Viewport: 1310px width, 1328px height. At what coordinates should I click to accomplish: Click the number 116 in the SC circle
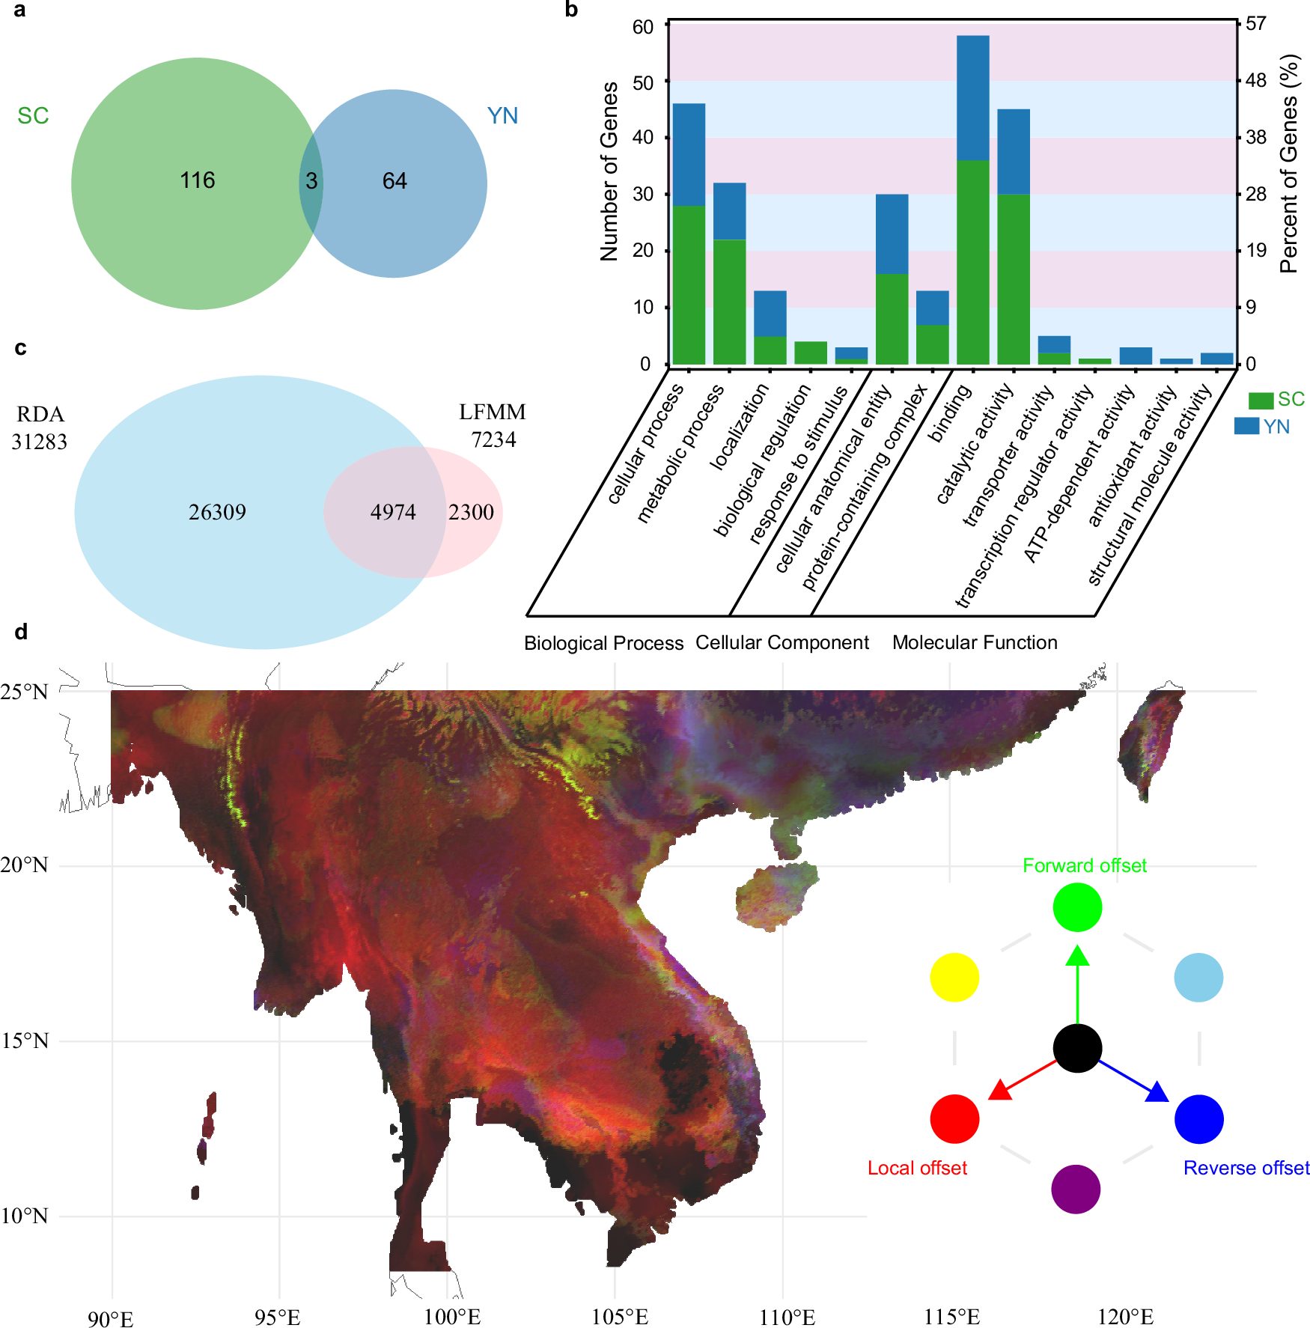pyautogui.click(x=198, y=180)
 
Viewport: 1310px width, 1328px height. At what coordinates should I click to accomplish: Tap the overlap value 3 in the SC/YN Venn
pyautogui.click(x=311, y=181)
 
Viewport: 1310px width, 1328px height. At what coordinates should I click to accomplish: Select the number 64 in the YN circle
pyautogui.click(x=394, y=181)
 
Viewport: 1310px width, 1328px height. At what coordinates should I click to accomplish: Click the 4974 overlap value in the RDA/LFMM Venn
pyautogui.click(x=393, y=512)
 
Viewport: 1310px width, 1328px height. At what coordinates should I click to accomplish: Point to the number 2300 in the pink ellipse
pyautogui.click(x=471, y=512)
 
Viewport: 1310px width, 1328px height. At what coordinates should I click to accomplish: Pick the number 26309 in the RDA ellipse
pyautogui.click(x=217, y=512)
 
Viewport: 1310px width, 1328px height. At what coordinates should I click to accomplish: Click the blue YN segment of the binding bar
pyautogui.click(x=972, y=97)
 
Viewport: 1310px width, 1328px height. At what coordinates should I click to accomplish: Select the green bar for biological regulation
pyautogui.click(x=811, y=353)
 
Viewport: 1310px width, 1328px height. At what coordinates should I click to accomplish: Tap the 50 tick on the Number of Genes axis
pyautogui.click(x=643, y=82)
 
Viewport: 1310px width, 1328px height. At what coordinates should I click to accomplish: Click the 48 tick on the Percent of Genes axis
pyautogui.click(x=1256, y=80)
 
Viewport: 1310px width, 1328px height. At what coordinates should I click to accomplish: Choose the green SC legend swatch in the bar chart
pyautogui.click(x=1261, y=400)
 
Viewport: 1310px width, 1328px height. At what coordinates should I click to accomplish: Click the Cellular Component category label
pyautogui.click(x=782, y=642)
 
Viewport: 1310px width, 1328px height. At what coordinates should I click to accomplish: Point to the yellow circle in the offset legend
pyautogui.click(x=954, y=978)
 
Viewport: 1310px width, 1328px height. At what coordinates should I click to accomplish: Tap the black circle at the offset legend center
pyautogui.click(x=1077, y=1048)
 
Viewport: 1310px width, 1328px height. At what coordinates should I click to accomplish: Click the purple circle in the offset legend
pyautogui.click(x=1076, y=1189)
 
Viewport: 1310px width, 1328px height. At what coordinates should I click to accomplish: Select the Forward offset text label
pyautogui.click(x=1084, y=865)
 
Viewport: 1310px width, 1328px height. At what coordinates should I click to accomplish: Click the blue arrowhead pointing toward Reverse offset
pyautogui.click(x=1158, y=1091)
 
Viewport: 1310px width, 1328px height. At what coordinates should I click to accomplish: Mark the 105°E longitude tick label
pyautogui.click(x=619, y=1316)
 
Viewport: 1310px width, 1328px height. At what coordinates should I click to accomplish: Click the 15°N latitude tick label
pyautogui.click(x=24, y=1041)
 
